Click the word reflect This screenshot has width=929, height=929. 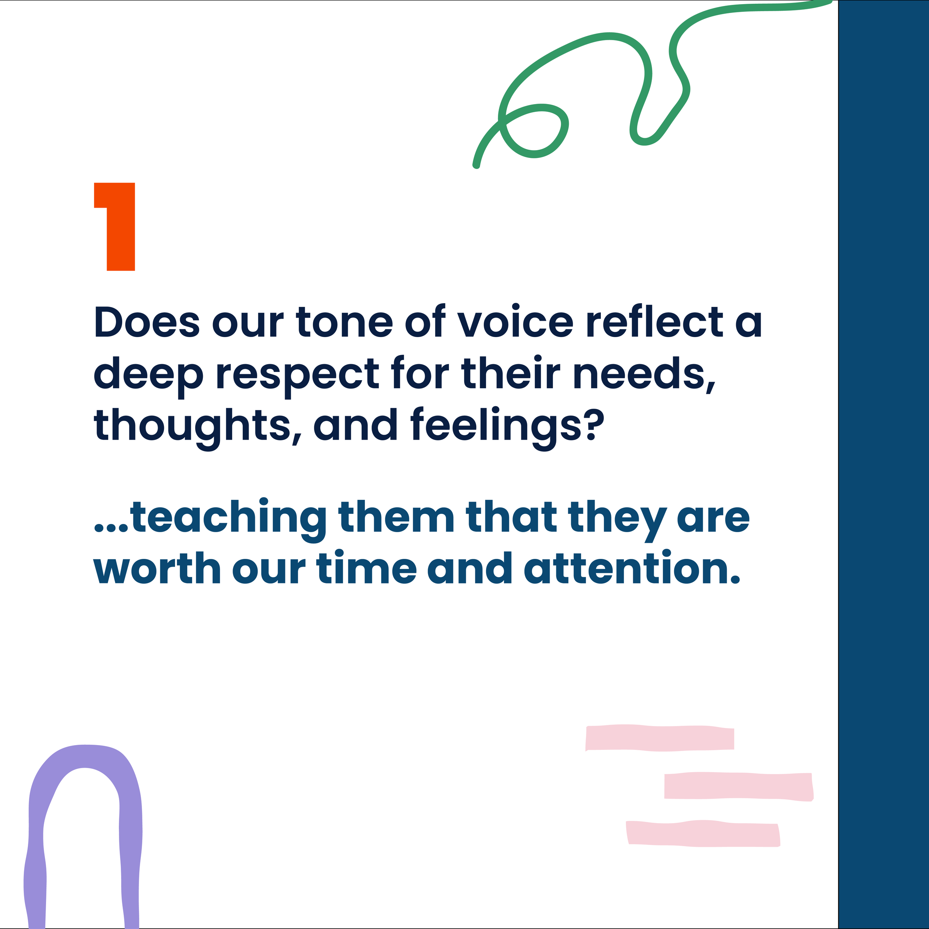click(x=654, y=321)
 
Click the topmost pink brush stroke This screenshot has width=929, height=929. click(x=660, y=738)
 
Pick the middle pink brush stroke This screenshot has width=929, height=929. click(x=738, y=786)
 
